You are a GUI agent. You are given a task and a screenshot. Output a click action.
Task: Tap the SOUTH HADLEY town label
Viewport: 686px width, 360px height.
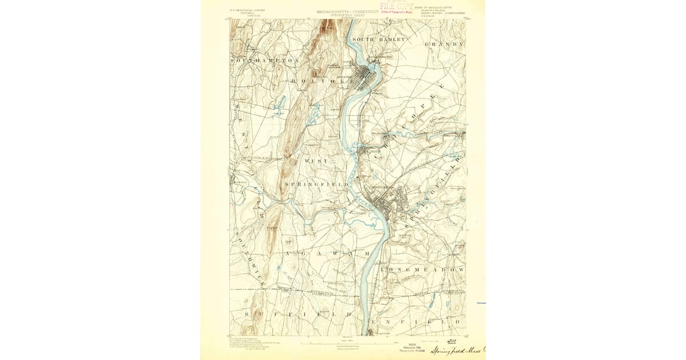(x=378, y=39)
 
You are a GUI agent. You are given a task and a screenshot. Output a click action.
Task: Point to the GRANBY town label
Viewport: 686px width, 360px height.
(x=445, y=44)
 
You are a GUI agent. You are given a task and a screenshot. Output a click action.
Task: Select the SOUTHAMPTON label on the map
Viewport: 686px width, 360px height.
(x=265, y=60)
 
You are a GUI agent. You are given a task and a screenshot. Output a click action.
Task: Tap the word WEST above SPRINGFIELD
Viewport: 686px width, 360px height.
(x=316, y=162)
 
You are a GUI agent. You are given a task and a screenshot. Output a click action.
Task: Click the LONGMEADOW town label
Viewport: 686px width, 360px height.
(x=426, y=269)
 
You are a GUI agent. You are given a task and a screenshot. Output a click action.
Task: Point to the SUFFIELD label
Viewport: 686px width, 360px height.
(x=297, y=315)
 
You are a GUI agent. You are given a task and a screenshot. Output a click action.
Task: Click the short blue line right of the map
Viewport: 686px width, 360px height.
(x=480, y=302)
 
